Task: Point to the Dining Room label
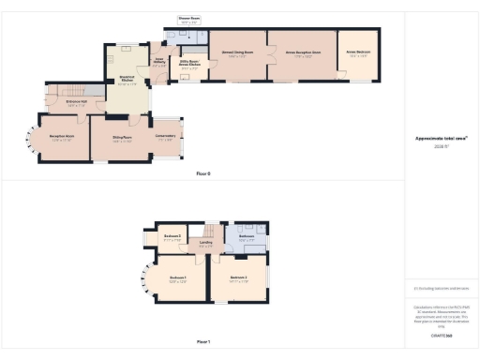[x=122, y=140]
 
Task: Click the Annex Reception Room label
[x=303, y=54]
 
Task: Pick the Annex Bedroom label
[x=359, y=54]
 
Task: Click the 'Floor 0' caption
[x=203, y=174]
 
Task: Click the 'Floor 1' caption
[x=203, y=343]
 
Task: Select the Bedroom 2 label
[x=238, y=278]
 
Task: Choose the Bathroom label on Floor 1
[x=247, y=240]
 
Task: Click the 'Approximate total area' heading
[x=441, y=138]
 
